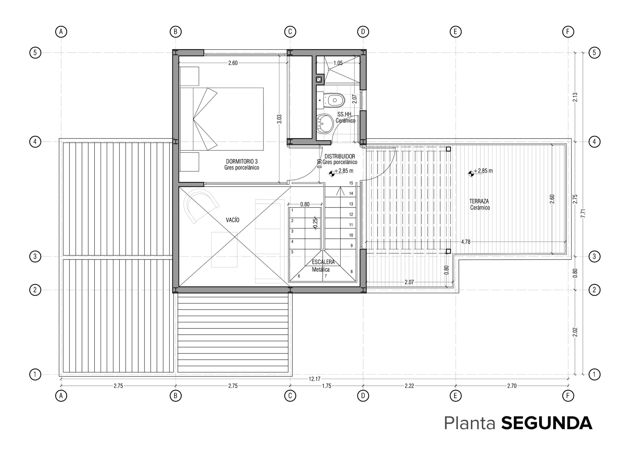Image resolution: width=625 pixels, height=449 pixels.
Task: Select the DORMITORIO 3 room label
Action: click(242, 161)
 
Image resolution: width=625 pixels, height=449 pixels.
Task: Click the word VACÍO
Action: click(233, 220)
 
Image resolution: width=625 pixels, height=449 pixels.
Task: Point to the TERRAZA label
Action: click(479, 201)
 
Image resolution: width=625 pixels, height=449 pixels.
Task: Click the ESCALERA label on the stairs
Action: click(323, 262)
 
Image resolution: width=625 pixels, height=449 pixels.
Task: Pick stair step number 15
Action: click(351, 183)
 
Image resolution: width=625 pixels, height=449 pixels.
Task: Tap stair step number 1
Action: click(292, 210)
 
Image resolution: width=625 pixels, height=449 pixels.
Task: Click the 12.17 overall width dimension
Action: click(314, 379)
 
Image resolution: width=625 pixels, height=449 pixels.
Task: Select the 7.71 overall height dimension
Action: click(583, 213)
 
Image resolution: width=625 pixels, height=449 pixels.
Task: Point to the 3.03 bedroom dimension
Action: click(279, 119)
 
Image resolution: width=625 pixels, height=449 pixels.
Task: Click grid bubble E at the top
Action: click(455, 32)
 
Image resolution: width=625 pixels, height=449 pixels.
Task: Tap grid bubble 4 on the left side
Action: click(35, 142)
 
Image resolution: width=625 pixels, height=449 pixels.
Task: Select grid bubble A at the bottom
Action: click(61, 396)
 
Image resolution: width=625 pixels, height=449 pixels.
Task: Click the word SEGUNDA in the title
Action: click(546, 423)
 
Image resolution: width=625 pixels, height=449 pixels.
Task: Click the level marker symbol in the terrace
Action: click(471, 173)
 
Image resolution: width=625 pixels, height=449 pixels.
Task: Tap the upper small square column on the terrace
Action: click(448, 149)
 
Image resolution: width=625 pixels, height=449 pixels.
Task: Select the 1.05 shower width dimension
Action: click(338, 63)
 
